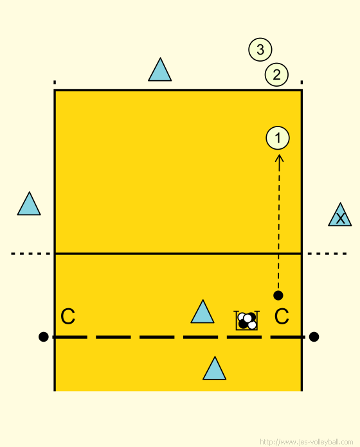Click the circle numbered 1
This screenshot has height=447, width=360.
[278, 138]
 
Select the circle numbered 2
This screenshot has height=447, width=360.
[276, 74]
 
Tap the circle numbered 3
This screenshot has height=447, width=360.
[260, 49]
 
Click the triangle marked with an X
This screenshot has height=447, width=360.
[339, 215]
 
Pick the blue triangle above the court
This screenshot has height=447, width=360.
[160, 69]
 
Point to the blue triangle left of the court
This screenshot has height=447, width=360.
[29, 204]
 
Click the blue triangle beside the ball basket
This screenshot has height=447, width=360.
[203, 311]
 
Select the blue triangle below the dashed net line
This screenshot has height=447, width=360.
[214, 368]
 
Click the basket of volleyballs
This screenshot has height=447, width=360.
[247, 320]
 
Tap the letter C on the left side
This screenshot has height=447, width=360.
[68, 316]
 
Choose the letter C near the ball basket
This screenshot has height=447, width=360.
[282, 316]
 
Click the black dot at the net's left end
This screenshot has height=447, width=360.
[43, 337]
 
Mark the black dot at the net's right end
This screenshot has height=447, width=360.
[314, 337]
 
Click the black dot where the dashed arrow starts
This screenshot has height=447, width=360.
[278, 295]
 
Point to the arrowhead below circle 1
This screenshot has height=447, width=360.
[279, 159]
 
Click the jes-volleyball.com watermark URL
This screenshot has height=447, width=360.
[307, 442]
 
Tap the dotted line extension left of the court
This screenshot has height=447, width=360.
[30, 254]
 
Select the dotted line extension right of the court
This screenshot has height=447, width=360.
[327, 254]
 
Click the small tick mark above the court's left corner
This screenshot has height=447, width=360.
[55, 83]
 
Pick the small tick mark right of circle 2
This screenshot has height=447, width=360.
[301, 83]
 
